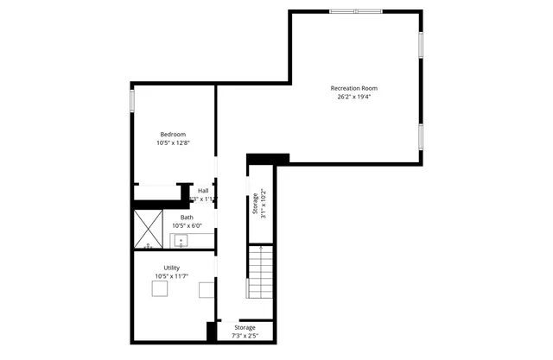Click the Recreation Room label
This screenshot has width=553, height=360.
(353, 88)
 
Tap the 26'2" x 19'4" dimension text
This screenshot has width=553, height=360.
(353, 97)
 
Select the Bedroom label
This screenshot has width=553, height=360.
(173, 134)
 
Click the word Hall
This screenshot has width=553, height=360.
(203, 191)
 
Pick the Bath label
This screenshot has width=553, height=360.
(187, 218)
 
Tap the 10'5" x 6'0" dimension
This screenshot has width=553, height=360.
(187, 226)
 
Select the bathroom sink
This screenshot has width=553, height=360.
(181, 240)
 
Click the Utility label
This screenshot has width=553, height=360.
(172, 268)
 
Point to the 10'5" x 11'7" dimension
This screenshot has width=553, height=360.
(172, 276)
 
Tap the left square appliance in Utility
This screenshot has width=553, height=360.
(160, 290)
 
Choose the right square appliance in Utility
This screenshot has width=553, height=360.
(207, 290)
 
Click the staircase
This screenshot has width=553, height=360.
(261, 271)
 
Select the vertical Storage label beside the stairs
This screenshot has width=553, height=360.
(255, 204)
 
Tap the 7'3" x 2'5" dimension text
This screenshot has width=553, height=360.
(245, 336)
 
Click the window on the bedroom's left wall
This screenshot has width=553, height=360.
(132, 99)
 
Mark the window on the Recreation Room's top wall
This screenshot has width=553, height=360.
(354, 11)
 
